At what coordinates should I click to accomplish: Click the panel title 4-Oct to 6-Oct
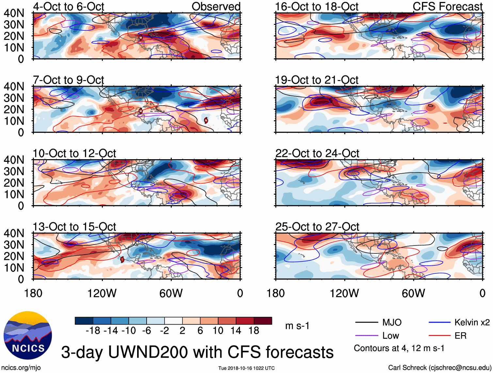(x=69, y=7)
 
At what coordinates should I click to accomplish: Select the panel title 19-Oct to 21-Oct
(x=317, y=80)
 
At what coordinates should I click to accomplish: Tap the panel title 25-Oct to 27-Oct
(x=317, y=227)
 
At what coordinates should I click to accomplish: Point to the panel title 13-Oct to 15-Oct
(x=74, y=227)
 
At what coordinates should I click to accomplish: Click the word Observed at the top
(x=216, y=7)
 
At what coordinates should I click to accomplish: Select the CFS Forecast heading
(x=448, y=7)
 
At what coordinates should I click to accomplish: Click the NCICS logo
(x=28, y=335)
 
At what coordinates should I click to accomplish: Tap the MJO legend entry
(x=392, y=323)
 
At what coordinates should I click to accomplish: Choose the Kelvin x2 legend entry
(x=472, y=323)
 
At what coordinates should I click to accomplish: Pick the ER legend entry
(x=460, y=336)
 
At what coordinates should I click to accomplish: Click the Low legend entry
(x=390, y=336)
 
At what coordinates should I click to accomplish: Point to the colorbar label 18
(x=254, y=331)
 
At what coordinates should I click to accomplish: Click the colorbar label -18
(x=93, y=331)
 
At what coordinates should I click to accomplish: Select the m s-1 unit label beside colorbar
(x=297, y=326)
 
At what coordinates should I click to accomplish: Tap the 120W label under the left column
(x=102, y=293)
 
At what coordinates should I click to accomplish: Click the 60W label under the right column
(x=413, y=293)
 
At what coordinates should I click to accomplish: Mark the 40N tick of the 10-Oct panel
(x=14, y=160)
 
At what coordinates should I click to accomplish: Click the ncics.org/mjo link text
(x=21, y=368)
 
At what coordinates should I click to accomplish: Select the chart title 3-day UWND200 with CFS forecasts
(x=197, y=352)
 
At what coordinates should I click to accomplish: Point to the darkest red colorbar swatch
(x=263, y=321)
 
